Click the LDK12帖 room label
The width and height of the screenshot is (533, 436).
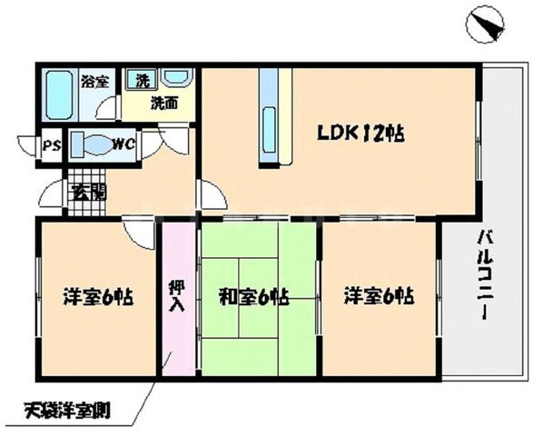[x=360, y=134]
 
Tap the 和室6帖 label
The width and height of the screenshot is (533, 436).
[x=255, y=296]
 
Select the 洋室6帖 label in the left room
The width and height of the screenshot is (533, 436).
[x=98, y=296]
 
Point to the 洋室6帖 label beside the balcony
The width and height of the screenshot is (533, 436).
[x=379, y=296]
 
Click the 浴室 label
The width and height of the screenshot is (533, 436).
[x=94, y=81]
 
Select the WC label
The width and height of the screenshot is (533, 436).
[x=124, y=144]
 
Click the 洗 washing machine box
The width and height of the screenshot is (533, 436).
[x=141, y=80]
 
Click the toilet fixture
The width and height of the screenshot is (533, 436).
[x=91, y=144]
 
